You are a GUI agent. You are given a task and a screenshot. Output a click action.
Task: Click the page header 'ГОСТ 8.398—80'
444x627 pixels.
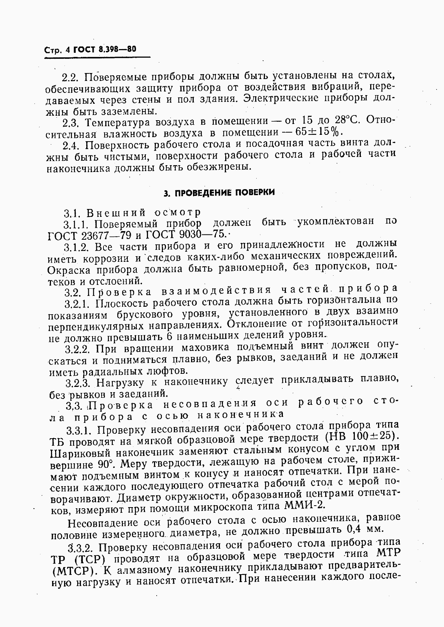[x=105, y=49]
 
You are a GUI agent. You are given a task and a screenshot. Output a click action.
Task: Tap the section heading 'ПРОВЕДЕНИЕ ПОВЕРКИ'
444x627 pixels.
[x=220, y=193]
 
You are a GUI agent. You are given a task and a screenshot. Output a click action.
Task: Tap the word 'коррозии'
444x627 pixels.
[x=107, y=259]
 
